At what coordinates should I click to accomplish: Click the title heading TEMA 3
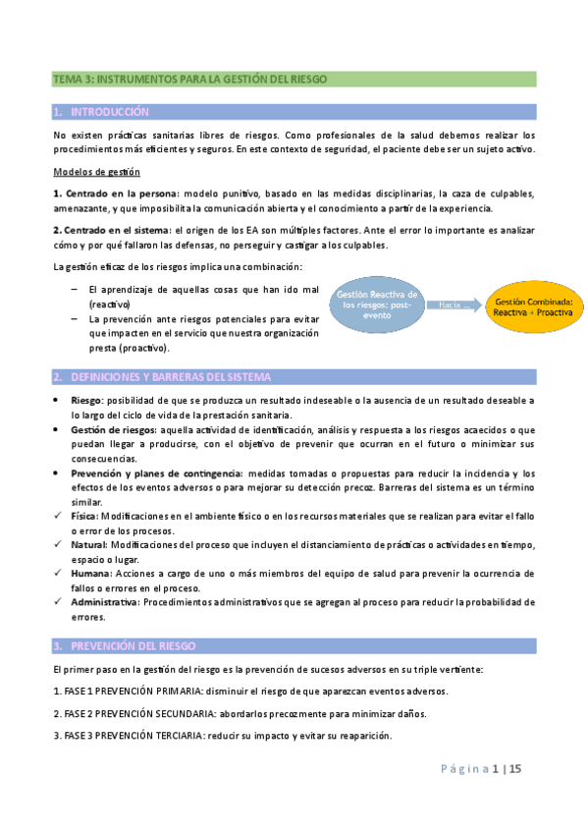point(189,79)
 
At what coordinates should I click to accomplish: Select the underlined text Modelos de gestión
point(91,171)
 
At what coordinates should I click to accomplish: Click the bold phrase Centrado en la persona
point(118,193)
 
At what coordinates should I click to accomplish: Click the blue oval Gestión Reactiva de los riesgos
point(377,305)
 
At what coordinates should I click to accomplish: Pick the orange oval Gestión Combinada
point(533,305)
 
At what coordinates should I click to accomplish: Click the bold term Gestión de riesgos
point(111,430)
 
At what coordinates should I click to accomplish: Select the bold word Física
point(84,515)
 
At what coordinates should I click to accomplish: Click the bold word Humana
point(89,572)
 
